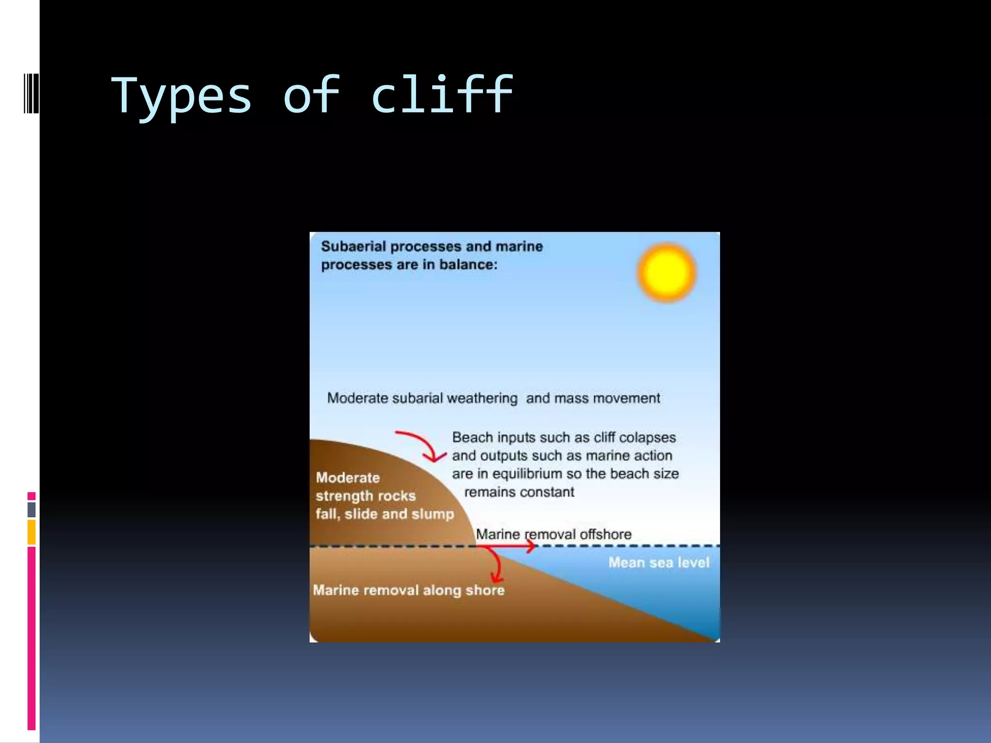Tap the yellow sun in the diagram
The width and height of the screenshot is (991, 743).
pyautogui.click(x=666, y=272)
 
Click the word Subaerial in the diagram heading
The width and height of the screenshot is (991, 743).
pyautogui.click(x=353, y=246)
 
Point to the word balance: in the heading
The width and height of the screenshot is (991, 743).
pyautogui.click(x=468, y=265)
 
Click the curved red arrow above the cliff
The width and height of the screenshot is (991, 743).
pyautogui.click(x=421, y=446)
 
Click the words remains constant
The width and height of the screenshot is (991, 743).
pyautogui.click(x=519, y=492)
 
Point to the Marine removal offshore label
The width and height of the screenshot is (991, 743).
pyautogui.click(x=554, y=534)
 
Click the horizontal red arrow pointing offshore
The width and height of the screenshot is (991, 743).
pyautogui.click(x=508, y=546)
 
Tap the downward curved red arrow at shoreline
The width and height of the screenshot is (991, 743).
pyautogui.click(x=496, y=566)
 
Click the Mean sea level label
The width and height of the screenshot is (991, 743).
pyautogui.click(x=659, y=563)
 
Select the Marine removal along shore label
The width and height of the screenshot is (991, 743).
pyautogui.click(x=408, y=590)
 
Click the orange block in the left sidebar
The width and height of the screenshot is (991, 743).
pyautogui.click(x=31, y=532)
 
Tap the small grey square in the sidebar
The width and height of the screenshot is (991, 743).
pyautogui.click(x=31, y=509)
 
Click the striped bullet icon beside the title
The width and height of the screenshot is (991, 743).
pyautogui.click(x=31, y=93)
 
